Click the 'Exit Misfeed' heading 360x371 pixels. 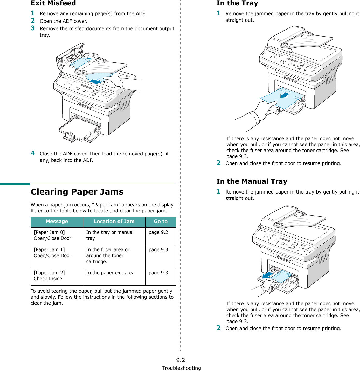(53, 3)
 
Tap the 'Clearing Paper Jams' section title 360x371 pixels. (77, 192)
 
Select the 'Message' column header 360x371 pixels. (57, 222)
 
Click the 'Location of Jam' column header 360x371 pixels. (114, 222)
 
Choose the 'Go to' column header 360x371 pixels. (161, 222)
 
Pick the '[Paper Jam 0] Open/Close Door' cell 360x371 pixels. (53, 235)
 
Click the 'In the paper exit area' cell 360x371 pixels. (110, 273)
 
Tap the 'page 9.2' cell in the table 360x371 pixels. (158, 232)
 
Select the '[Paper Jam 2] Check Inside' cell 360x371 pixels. (49, 276)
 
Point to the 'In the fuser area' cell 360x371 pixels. (108, 255)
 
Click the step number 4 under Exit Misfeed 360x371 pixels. (33, 153)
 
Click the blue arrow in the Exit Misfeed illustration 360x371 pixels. (95, 82)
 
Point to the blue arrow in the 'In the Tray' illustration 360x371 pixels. (285, 95)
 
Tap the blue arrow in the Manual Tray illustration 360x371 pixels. (267, 275)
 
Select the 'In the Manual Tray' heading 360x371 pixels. (252, 181)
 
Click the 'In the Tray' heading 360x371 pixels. (237, 3)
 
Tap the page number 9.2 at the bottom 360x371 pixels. (181, 360)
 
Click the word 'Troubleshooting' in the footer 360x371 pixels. (181, 368)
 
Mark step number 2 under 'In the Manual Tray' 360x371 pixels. (219, 328)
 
